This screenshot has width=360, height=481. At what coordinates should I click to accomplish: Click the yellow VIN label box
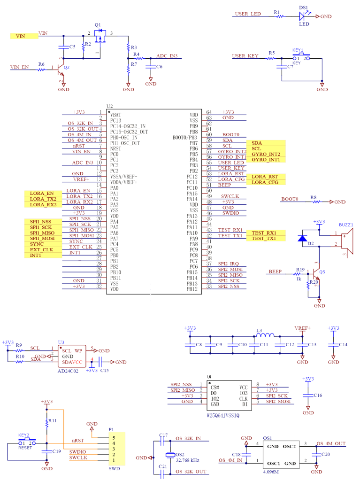tap(24, 36)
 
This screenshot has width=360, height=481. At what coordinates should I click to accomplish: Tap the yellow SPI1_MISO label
tap(44, 233)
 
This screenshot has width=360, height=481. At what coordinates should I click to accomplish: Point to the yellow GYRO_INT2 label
tap(266, 154)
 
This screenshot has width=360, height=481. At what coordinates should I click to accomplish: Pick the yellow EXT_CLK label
tap(44, 249)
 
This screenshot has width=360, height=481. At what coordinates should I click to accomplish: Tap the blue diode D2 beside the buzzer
tap(302, 238)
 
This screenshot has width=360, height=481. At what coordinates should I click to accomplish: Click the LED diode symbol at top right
tap(303, 16)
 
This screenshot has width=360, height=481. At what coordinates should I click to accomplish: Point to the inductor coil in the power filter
tap(266, 335)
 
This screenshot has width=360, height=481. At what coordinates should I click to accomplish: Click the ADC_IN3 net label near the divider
tap(167, 56)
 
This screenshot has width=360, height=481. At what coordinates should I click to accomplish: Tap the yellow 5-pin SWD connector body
tap(116, 449)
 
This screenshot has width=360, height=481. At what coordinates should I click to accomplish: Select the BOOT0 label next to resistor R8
tap(290, 199)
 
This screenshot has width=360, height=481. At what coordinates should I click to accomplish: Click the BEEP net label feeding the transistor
tap(274, 272)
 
